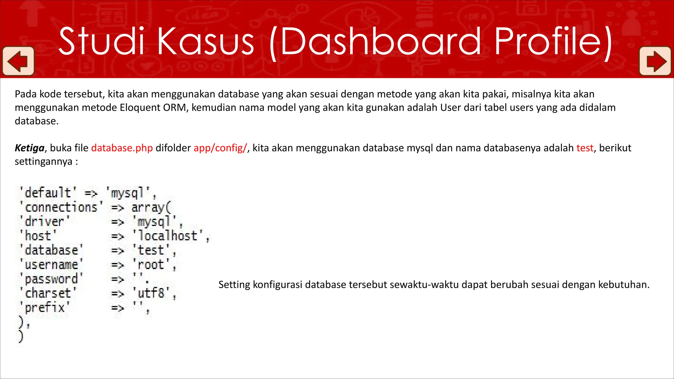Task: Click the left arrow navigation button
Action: [18, 61]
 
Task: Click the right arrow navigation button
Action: [655, 61]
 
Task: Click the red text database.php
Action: [122, 148]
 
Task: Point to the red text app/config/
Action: [220, 148]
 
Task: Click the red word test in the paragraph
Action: [585, 148]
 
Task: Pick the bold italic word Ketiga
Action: [30, 148]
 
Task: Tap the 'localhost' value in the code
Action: [168, 236]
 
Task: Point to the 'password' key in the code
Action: [51, 279]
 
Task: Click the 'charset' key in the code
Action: [48, 293]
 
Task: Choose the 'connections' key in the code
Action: [61, 207]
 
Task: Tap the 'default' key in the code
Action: [48, 193]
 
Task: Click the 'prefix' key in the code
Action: [44, 308]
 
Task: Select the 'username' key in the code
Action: [51, 265]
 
